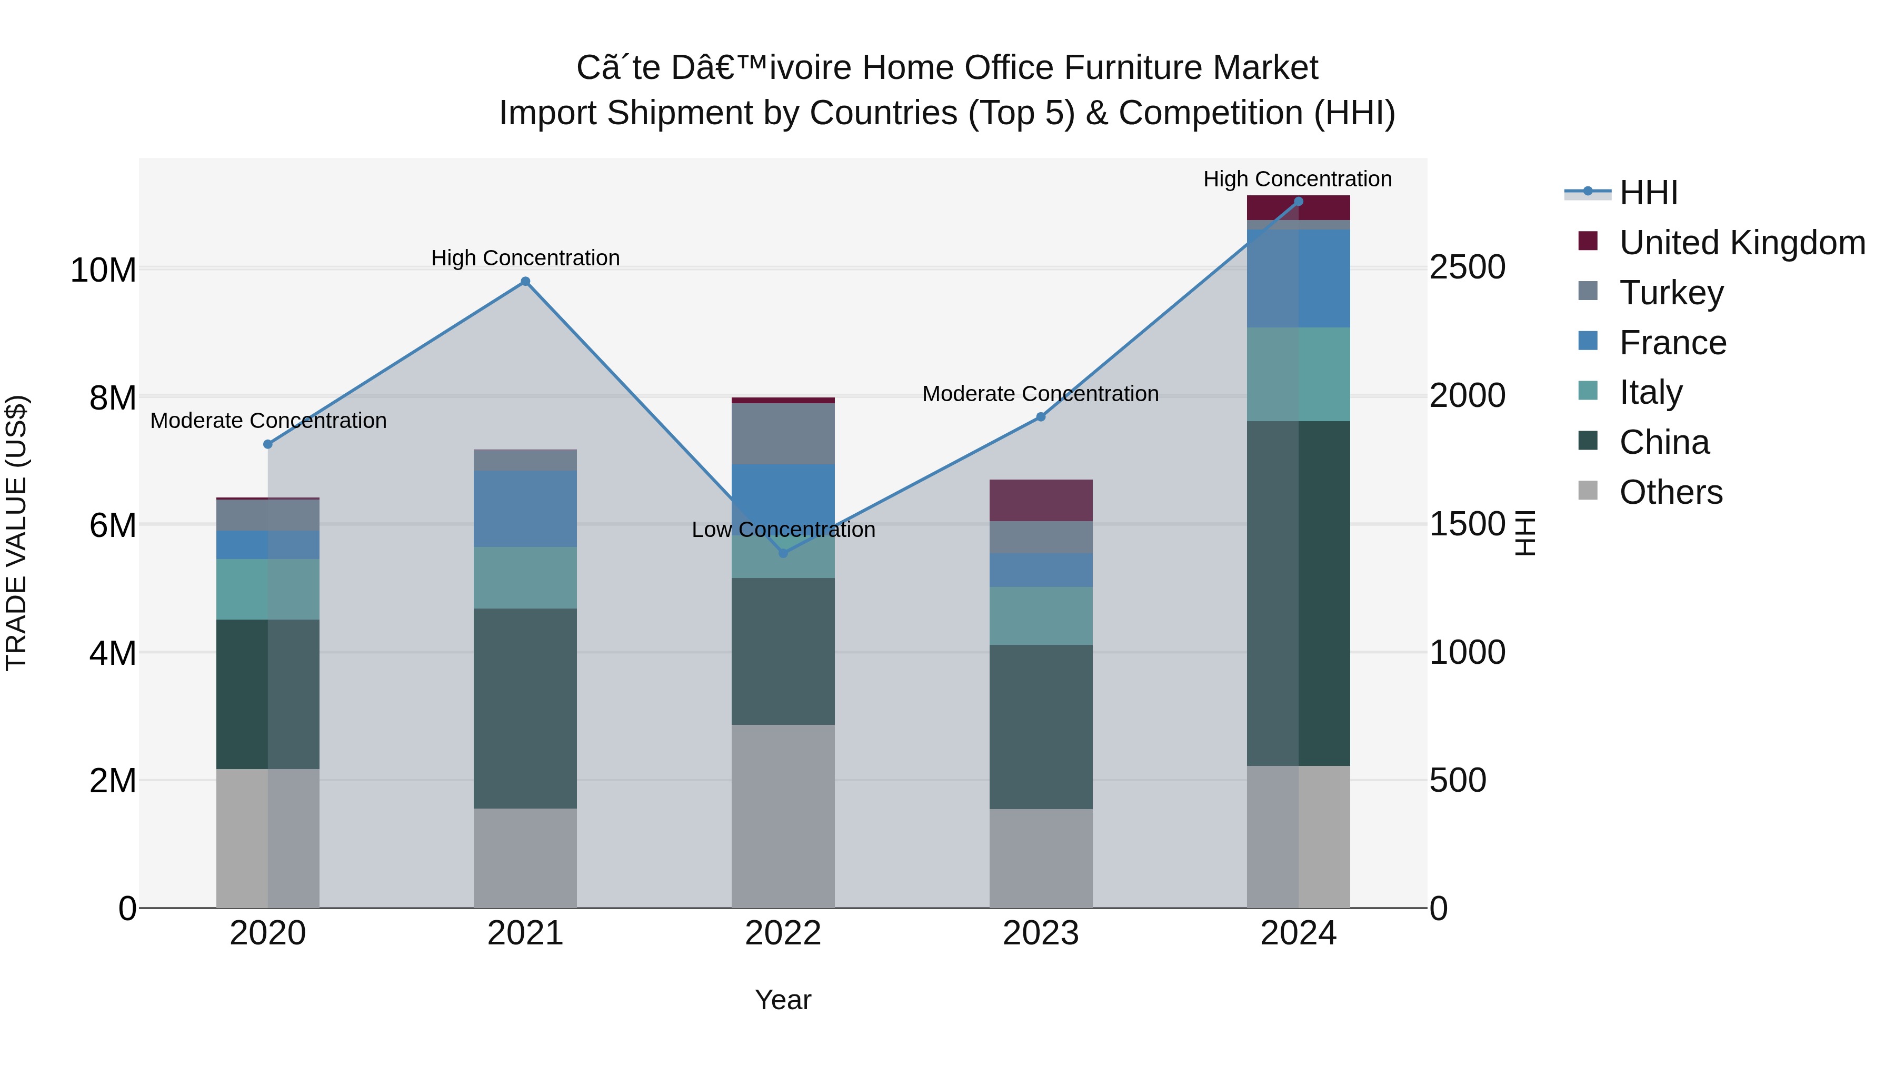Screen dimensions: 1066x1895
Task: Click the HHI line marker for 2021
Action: point(525,282)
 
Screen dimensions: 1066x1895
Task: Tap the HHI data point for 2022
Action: point(783,553)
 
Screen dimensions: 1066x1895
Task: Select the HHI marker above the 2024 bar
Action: point(1299,202)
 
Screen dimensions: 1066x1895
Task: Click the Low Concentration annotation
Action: point(783,530)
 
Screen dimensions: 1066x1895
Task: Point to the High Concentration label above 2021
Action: point(525,258)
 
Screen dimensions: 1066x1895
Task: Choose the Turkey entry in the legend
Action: point(1671,293)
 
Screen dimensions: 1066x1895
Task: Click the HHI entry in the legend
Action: point(1648,193)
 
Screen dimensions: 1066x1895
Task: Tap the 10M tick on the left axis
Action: point(103,270)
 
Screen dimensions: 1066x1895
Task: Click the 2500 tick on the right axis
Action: point(1467,268)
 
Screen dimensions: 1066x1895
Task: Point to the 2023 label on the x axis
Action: point(1040,933)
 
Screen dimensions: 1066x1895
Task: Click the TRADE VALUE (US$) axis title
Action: point(17,533)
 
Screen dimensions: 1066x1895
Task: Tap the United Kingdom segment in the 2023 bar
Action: point(1040,500)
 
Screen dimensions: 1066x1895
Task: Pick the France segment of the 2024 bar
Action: point(1299,278)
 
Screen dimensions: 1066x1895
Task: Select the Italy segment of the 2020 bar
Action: point(268,589)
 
